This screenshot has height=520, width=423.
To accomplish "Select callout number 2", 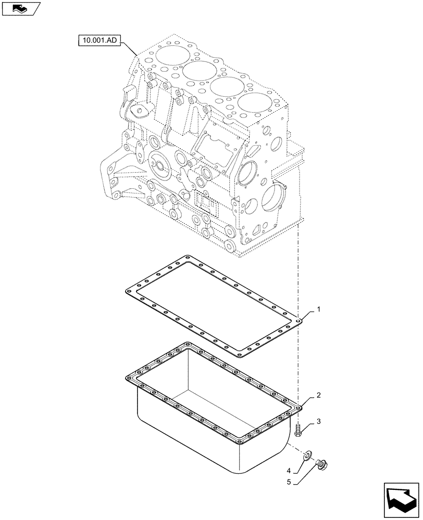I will click(x=319, y=395).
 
